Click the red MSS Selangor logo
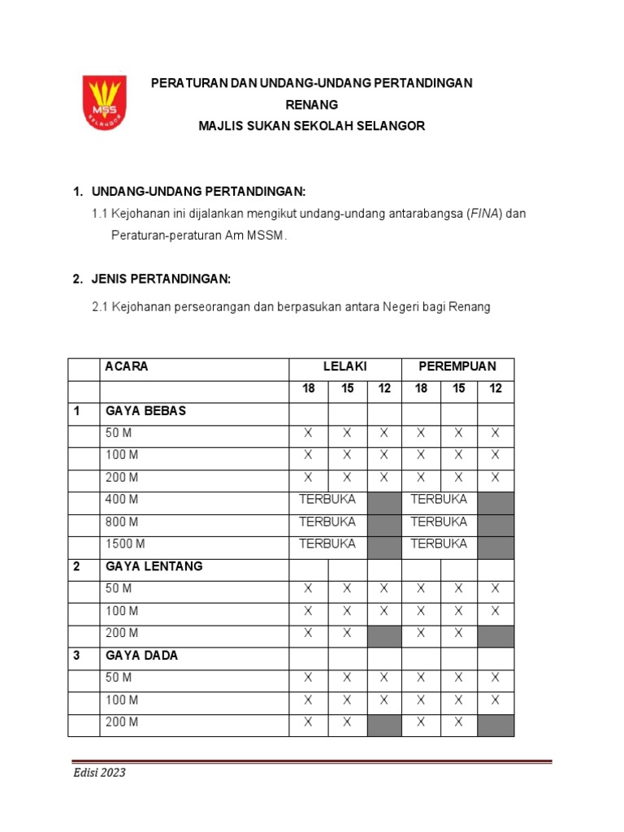click(x=104, y=102)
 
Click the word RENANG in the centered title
click(x=311, y=105)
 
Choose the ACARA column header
click(x=127, y=367)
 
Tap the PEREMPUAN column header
click(x=457, y=367)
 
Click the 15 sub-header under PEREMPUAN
click(x=459, y=389)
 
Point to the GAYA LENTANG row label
click(x=154, y=566)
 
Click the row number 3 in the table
click(x=77, y=655)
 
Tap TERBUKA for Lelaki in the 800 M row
click(x=327, y=522)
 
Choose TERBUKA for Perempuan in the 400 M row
click(x=440, y=500)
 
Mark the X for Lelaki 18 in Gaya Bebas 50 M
click(x=308, y=433)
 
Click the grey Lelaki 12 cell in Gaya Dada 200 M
click(x=384, y=721)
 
